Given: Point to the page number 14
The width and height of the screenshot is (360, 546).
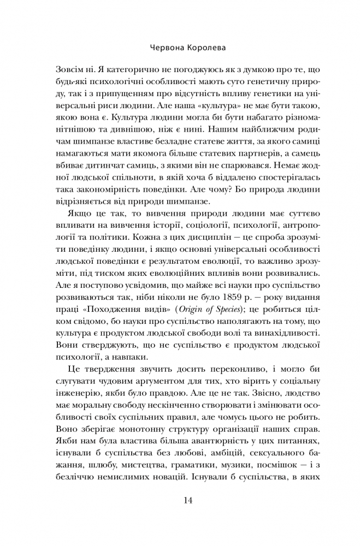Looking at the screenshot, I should coord(180,500).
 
